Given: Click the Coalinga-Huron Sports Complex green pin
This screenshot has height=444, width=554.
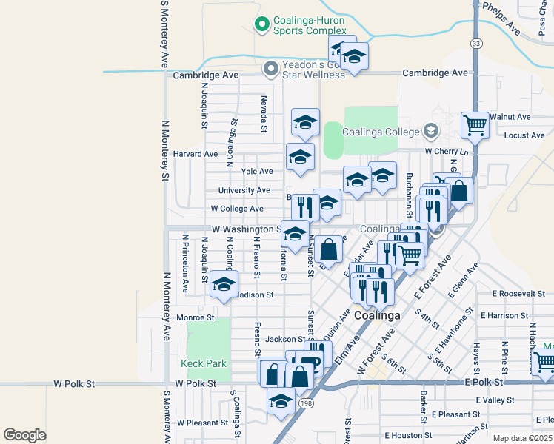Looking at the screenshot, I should pyautogui.click(x=261, y=25).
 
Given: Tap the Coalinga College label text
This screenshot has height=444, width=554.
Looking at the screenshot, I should pyautogui.click(x=382, y=132).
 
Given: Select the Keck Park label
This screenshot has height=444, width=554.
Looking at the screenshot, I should pyautogui.click(x=203, y=363).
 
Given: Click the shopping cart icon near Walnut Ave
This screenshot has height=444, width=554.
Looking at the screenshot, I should pyautogui.click(x=475, y=125).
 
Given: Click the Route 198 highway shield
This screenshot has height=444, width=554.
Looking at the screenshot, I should pyautogui.click(x=307, y=403).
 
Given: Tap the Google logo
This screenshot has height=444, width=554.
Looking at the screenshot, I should pyautogui.click(x=24, y=434).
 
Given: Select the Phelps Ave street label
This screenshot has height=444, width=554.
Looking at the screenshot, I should pyautogui.click(x=501, y=17).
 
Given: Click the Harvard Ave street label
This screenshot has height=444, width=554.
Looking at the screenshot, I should pyautogui.click(x=196, y=154).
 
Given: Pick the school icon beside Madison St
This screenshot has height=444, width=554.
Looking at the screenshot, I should pyautogui.click(x=224, y=284).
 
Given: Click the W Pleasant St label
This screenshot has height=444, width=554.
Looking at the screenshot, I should pyautogui.click(x=202, y=423).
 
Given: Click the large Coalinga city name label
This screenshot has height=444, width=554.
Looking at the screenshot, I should pyautogui.click(x=377, y=315).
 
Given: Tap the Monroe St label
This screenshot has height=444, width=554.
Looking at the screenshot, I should pyautogui.click(x=196, y=317).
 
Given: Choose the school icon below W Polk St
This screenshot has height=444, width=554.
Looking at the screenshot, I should pyautogui.click(x=281, y=401).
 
